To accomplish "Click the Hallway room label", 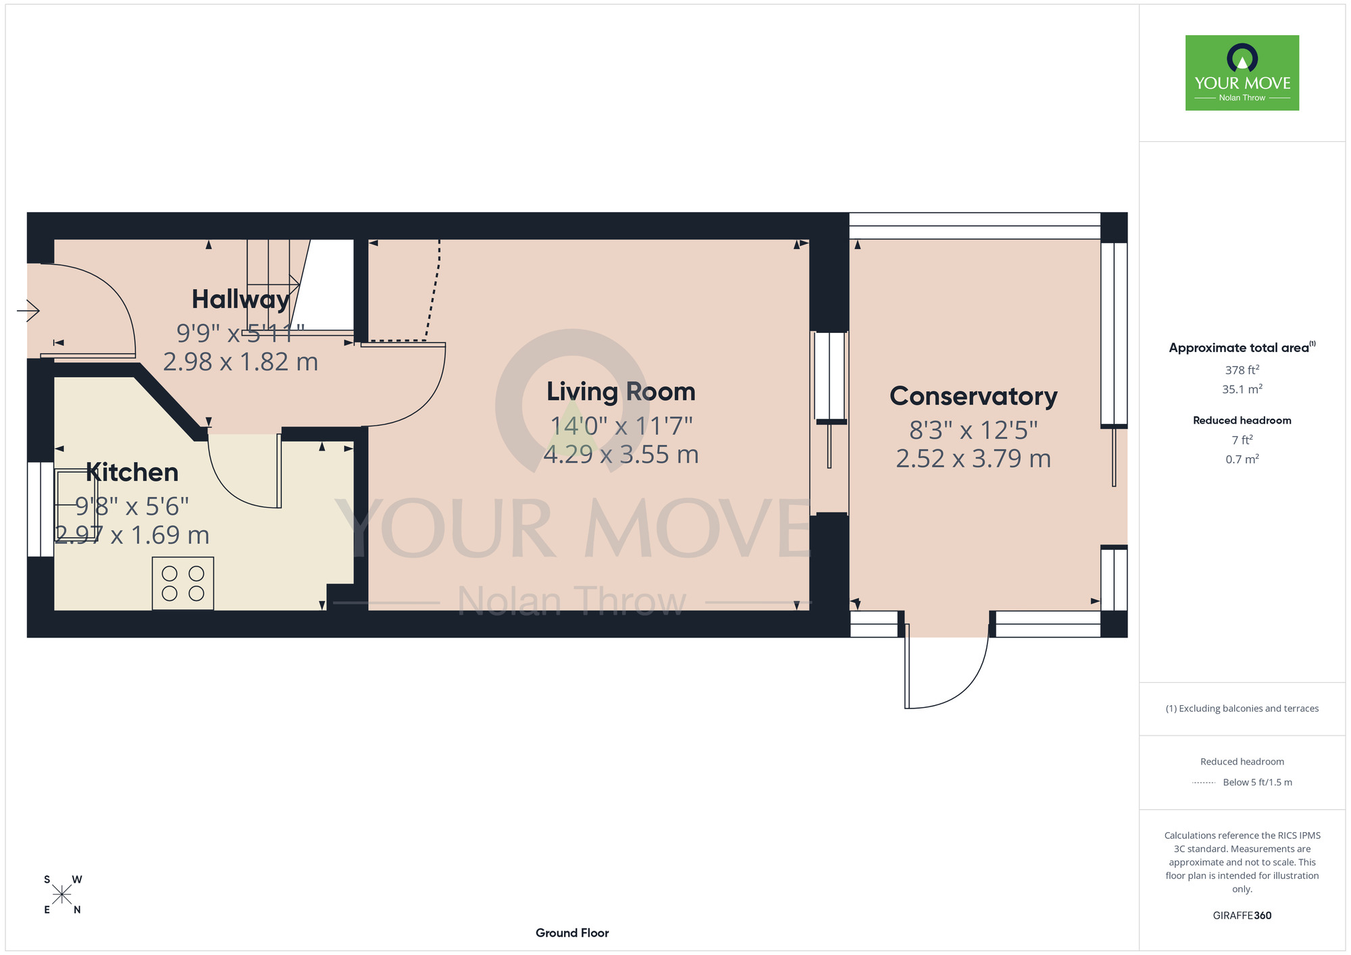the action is click(x=240, y=299).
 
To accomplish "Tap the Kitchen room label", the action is click(x=132, y=472).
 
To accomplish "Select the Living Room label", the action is click(x=621, y=392).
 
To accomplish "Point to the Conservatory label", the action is click(x=973, y=396).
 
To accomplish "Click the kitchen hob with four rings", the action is click(x=183, y=584).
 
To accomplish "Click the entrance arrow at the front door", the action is click(x=28, y=311).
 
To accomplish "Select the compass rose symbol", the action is click(x=62, y=895).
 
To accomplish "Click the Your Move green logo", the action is click(x=1242, y=73).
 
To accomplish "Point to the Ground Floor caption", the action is click(x=572, y=933).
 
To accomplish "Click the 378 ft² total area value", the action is click(x=1242, y=370).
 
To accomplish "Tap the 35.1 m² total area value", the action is click(x=1242, y=389).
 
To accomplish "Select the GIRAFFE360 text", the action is click(x=1242, y=916).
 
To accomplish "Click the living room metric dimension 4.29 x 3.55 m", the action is click(x=621, y=455).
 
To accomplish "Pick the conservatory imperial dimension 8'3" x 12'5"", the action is click(x=973, y=430).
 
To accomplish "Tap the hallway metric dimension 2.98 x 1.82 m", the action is click(x=240, y=362).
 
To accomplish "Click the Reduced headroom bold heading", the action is click(x=1242, y=420).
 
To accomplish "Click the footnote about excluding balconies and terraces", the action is click(x=1242, y=708).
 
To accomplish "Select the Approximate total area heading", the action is click(x=1242, y=347).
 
